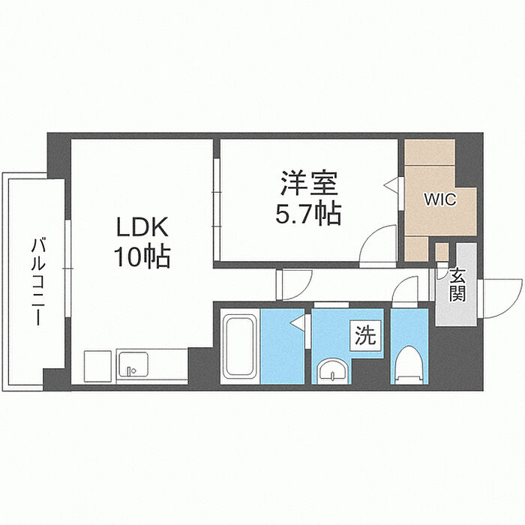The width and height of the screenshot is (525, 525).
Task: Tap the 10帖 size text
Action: tap(142, 257)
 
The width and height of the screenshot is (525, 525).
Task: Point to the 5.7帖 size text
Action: tap(310, 214)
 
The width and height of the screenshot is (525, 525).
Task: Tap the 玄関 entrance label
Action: tap(457, 284)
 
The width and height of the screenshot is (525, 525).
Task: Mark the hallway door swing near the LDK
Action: tap(294, 283)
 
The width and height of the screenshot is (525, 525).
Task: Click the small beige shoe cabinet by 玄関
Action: tap(442, 251)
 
